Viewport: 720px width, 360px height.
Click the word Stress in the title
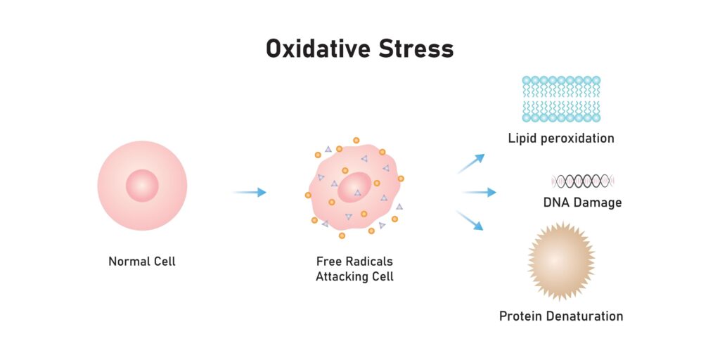click(x=416, y=49)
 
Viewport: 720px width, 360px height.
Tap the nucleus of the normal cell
click(x=142, y=186)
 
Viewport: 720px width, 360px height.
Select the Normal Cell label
click(x=142, y=262)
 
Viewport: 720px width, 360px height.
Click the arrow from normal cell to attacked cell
click(x=250, y=192)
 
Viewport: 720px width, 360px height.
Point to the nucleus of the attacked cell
click(x=354, y=187)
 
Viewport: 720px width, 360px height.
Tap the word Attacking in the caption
click(x=338, y=277)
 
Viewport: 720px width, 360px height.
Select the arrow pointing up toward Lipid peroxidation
click(x=470, y=163)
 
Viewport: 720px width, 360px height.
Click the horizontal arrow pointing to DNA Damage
click(x=480, y=192)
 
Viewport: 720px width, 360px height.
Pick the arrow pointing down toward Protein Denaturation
click(x=470, y=220)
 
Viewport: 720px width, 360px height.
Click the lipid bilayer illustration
click(x=561, y=98)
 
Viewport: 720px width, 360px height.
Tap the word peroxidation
click(x=579, y=139)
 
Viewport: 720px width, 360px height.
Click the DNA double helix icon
click(x=583, y=181)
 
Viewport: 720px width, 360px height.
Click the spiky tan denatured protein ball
click(x=561, y=261)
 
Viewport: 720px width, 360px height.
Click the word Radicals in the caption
click(x=370, y=262)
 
